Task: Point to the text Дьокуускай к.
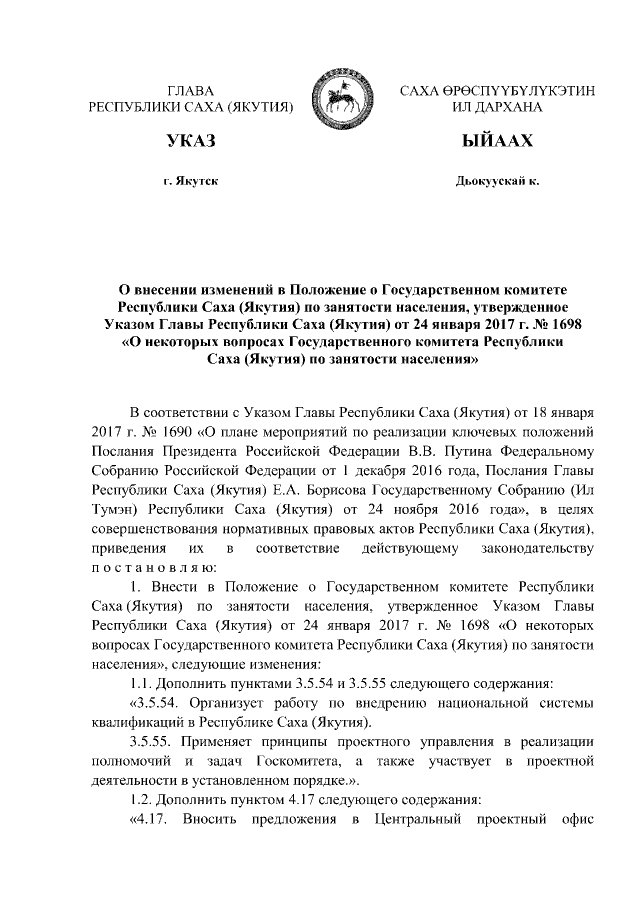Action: click(x=497, y=182)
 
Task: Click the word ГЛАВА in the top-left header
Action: click(x=191, y=91)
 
